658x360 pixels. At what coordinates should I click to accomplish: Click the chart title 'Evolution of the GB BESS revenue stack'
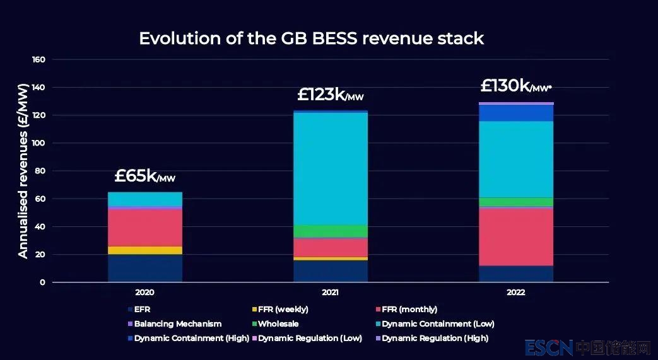[x=311, y=38]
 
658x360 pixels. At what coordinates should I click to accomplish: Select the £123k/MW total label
[x=330, y=95]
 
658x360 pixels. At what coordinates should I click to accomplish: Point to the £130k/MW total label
[x=515, y=86]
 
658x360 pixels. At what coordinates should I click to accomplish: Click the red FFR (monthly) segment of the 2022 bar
[x=516, y=236]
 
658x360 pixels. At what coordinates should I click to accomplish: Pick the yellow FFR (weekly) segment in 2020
[x=145, y=250]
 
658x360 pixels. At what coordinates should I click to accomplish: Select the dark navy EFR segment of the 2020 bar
[x=145, y=268]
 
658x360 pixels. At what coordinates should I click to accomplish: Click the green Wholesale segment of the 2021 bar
[x=331, y=231]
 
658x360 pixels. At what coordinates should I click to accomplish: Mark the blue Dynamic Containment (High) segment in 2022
[x=516, y=113]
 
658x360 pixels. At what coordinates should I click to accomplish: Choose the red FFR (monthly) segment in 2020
[x=145, y=227]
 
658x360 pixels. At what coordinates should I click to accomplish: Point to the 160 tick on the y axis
[x=38, y=60]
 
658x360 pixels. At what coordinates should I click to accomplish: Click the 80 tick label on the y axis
[x=40, y=171]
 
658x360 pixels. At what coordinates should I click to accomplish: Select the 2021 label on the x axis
[x=330, y=293]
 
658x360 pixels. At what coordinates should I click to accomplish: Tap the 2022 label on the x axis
[x=515, y=293]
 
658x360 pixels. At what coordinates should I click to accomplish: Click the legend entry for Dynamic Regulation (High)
[x=434, y=339]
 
